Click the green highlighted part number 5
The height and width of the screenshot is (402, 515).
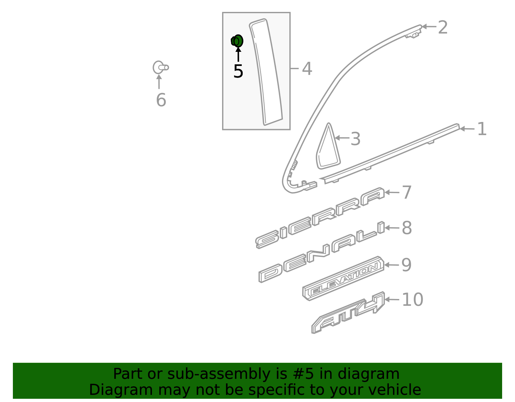(x=237, y=41)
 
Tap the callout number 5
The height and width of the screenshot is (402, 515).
(x=238, y=71)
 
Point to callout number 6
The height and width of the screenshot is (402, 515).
(x=161, y=100)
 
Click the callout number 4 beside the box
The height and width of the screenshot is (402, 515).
(x=307, y=69)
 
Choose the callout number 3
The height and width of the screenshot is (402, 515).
(x=355, y=139)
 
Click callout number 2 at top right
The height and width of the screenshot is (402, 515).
(x=443, y=27)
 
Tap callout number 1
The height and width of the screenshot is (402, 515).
(x=482, y=129)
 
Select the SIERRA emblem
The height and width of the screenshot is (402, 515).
(x=319, y=218)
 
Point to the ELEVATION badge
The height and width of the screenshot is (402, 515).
(x=343, y=278)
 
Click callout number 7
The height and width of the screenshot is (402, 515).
(x=407, y=192)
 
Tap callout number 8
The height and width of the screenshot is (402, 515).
(x=407, y=228)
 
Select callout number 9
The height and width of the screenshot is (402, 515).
(x=407, y=265)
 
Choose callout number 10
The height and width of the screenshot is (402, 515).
(x=412, y=300)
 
